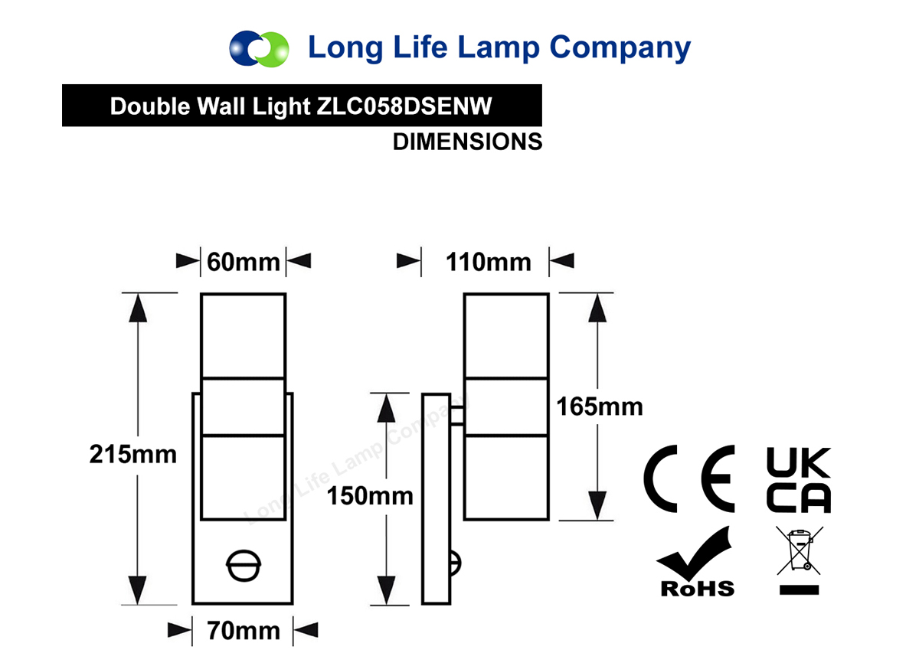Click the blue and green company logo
(259, 49)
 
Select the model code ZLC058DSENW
(404, 106)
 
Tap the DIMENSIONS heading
(467, 142)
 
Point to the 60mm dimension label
(244, 262)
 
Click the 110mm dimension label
(489, 262)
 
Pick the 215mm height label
(133, 455)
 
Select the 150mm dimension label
(370, 496)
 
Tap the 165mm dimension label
(600, 407)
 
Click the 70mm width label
(244, 631)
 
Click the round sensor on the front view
(244, 566)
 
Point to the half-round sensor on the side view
(456, 563)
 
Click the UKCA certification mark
(798, 480)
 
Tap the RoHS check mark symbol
(698, 562)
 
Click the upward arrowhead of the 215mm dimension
(138, 308)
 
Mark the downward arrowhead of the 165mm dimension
(597, 505)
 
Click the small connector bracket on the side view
(457, 416)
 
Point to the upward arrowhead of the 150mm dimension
(386, 408)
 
